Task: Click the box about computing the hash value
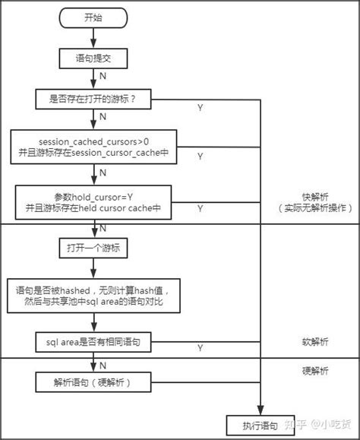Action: (x=94, y=296)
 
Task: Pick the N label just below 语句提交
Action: (x=103, y=76)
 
